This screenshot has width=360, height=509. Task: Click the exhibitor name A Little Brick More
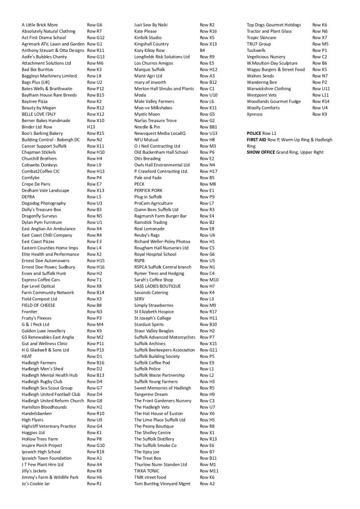pos(40,24)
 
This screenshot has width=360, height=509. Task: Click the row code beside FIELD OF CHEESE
pos(94,305)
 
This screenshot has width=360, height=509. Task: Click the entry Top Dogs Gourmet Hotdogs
pos(273,24)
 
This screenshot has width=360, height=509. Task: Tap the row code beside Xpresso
pos(320,114)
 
